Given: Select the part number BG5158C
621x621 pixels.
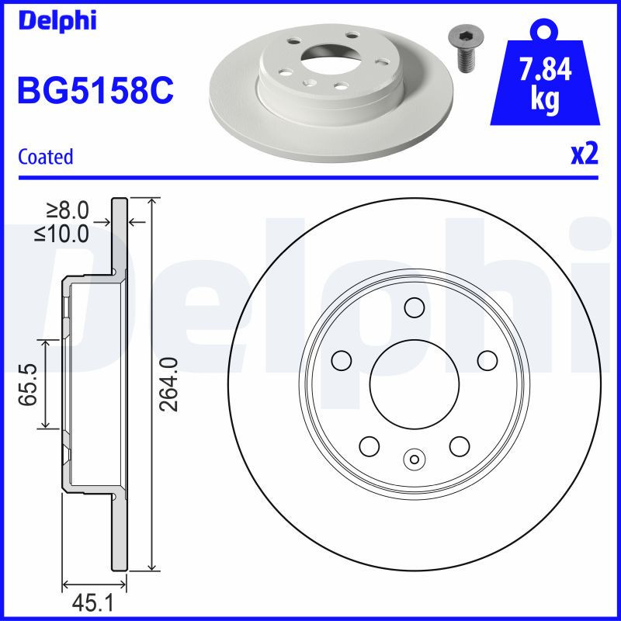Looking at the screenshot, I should click(95, 92).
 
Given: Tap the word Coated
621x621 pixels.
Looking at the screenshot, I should click(45, 157).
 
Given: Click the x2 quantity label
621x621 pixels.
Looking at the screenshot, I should click(584, 155).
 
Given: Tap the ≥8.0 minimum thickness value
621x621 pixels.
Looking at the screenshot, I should click(68, 210).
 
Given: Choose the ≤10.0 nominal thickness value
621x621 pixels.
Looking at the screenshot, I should click(61, 232).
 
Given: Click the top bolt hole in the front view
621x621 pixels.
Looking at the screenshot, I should click(415, 308).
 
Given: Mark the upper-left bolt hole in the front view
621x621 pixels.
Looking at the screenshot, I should click(341, 360).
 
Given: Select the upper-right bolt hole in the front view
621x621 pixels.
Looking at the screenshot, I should click(487, 360).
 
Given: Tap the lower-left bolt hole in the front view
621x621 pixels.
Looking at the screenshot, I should click(369, 446).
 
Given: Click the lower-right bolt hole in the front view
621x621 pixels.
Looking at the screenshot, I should click(460, 446).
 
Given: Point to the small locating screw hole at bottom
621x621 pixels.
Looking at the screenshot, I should click(415, 459).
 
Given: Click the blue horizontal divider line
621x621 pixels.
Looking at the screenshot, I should click(310, 178).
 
